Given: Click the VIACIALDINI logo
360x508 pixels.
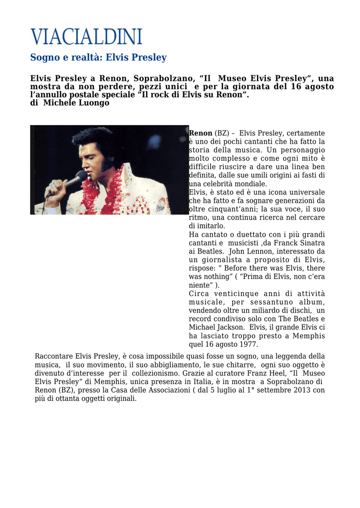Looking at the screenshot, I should (x=86, y=37).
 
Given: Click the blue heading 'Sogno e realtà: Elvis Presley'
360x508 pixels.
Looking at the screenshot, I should (x=98, y=58).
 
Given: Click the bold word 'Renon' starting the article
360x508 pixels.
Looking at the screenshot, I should (x=201, y=133).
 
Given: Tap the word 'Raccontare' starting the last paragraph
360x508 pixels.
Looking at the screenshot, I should (x=54, y=356).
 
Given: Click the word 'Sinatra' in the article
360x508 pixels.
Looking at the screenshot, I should (x=311, y=243).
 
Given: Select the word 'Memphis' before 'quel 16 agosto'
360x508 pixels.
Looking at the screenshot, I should (x=308, y=336).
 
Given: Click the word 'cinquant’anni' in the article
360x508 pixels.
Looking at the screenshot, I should (x=230, y=209).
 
